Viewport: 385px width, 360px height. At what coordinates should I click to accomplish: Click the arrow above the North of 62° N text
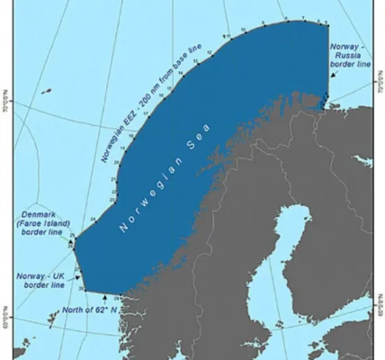(106, 298)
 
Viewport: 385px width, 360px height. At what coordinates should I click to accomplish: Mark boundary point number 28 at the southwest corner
(86, 288)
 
